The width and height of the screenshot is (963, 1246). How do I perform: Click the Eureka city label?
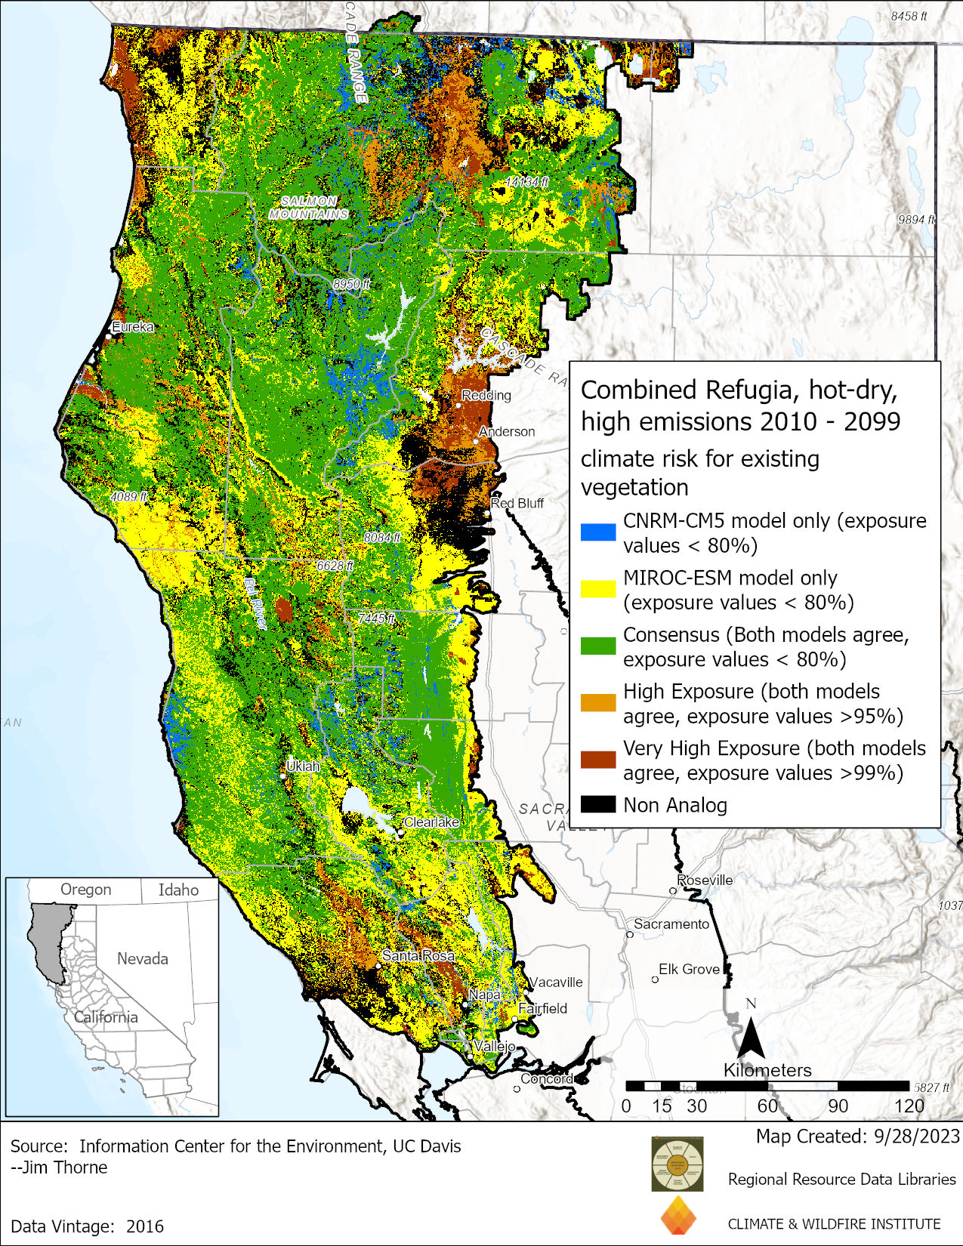point(133,327)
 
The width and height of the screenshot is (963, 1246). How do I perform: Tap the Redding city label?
point(486,395)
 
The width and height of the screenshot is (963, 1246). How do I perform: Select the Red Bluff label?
point(517,503)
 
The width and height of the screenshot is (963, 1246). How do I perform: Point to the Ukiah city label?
point(303,766)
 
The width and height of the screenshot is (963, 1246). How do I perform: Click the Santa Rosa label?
point(418,955)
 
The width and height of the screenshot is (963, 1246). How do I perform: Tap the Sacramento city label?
point(671,924)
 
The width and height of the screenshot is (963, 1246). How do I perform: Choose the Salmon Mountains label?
point(309,208)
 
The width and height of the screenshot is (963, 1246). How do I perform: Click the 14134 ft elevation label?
point(527,182)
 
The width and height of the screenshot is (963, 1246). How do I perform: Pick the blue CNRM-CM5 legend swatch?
point(597,532)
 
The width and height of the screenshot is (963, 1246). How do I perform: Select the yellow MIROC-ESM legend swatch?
point(597,589)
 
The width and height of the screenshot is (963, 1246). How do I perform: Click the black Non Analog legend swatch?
point(597,804)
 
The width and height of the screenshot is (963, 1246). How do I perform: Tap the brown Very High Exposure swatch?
point(597,760)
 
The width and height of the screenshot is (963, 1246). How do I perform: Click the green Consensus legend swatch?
point(597,646)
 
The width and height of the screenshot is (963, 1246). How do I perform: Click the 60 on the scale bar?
point(767,1106)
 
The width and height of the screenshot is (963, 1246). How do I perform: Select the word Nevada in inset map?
point(142,958)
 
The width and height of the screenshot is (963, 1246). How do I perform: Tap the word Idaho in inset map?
point(178,890)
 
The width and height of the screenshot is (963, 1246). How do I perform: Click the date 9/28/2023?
point(915,1136)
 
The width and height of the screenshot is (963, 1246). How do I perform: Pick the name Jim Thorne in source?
point(65,1167)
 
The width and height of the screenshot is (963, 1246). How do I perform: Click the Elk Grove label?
point(689,969)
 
